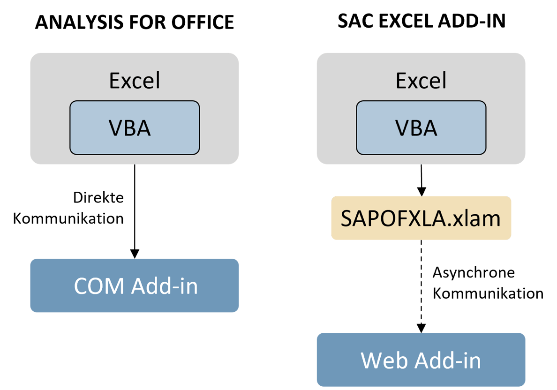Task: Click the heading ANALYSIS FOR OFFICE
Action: tap(135, 22)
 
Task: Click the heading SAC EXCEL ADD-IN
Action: tap(422, 22)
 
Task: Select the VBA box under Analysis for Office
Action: tap(135, 127)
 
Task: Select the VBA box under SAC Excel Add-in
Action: tap(421, 127)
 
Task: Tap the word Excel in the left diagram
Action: tap(135, 81)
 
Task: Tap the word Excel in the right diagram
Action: tap(421, 81)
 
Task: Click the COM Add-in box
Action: tap(135, 285)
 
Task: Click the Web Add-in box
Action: tap(421, 360)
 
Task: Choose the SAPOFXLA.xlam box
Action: tap(421, 218)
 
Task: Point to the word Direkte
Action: tap(98, 198)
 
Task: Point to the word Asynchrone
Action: tap(474, 273)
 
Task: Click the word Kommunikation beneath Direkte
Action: tap(68, 218)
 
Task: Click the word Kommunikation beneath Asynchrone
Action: tap(488, 294)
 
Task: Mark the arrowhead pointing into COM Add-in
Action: tap(135, 254)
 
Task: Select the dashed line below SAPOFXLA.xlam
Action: tap(421, 281)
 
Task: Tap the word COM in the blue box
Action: tap(99, 285)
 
